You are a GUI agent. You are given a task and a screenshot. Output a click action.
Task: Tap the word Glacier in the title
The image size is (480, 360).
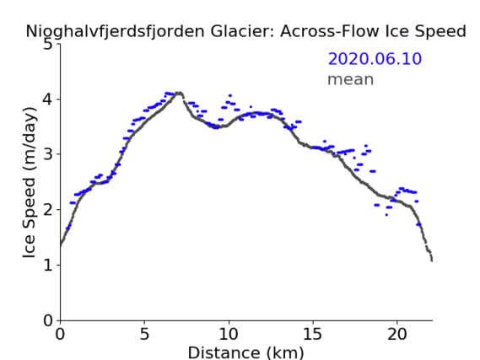click(241, 31)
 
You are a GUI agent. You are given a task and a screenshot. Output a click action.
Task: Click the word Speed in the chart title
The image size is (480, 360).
click(441, 32)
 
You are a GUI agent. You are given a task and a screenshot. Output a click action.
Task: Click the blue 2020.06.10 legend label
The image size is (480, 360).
click(375, 59)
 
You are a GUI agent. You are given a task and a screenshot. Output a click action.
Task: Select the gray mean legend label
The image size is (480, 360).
click(351, 80)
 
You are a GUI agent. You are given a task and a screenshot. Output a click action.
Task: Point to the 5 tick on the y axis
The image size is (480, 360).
click(48, 45)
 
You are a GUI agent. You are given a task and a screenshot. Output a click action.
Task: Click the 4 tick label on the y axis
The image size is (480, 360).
click(48, 99)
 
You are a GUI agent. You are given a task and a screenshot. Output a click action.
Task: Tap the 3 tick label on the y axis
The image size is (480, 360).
click(48, 154)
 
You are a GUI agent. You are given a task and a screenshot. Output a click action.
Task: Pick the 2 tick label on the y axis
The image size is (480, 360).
click(48, 210)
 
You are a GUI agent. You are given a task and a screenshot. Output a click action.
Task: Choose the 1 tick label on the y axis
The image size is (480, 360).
click(48, 265)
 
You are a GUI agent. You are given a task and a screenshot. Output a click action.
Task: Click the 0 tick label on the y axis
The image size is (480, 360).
click(48, 320)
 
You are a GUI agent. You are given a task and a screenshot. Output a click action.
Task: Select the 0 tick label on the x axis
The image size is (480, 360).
click(60, 334)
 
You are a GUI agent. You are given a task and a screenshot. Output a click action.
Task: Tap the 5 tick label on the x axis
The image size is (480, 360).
click(144, 334)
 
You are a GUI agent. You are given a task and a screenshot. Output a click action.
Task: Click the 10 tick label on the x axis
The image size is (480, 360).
click(229, 334)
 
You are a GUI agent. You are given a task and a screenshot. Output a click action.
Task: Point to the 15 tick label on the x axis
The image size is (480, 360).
click(313, 334)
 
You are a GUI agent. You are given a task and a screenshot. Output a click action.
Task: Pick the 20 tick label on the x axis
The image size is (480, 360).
click(397, 334)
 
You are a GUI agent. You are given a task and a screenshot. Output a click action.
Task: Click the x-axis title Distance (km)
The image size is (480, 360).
click(245, 352)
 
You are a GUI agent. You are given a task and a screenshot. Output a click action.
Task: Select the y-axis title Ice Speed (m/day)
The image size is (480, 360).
click(30, 182)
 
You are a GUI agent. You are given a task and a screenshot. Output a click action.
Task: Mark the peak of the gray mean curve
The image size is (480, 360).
click(180, 92)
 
